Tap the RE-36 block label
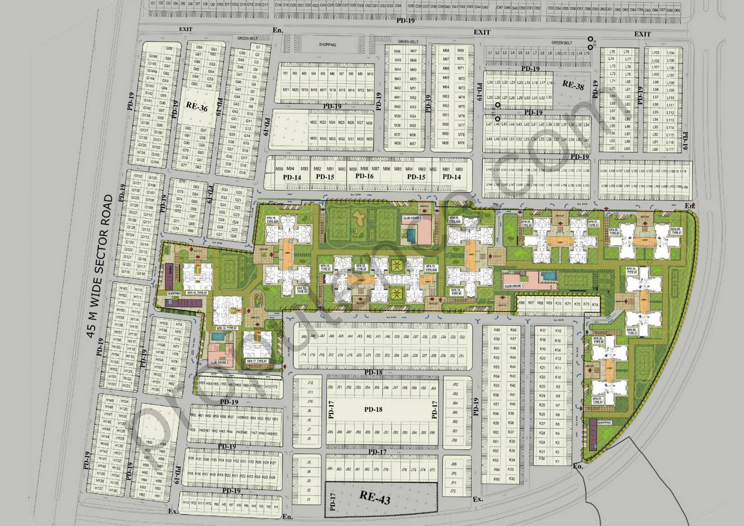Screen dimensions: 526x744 197,107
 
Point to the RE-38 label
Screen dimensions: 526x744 573,85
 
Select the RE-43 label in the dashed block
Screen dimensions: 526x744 375,497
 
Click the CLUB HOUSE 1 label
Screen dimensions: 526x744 514,286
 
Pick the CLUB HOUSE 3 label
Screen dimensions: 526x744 412,218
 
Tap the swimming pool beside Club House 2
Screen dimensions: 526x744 217,337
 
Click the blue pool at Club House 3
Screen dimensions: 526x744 411,235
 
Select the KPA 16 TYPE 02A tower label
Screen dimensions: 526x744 272,220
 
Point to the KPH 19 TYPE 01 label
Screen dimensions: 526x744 197,293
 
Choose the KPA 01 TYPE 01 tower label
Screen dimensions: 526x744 597,400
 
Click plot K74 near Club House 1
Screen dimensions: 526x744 595,304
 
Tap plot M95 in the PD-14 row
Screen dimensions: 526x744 279,169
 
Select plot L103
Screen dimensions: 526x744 656,53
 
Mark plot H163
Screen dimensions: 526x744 123,288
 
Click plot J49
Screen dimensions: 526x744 303,337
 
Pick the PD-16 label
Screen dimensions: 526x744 364,176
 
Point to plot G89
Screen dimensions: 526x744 169,49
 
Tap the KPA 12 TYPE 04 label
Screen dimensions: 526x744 361,267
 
